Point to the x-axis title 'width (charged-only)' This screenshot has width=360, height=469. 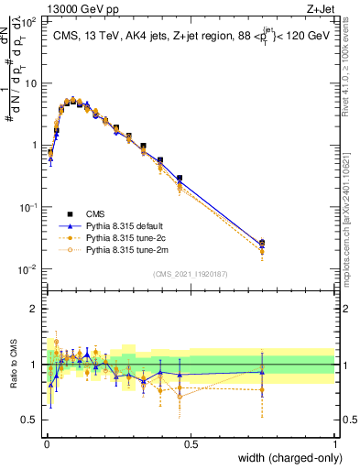point(286,458)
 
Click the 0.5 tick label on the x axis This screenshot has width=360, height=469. point(191,443)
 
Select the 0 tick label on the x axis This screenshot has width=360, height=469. point(47,443)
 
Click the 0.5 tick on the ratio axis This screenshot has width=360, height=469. point(30,420)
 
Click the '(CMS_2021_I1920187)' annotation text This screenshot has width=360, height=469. point(191,274)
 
